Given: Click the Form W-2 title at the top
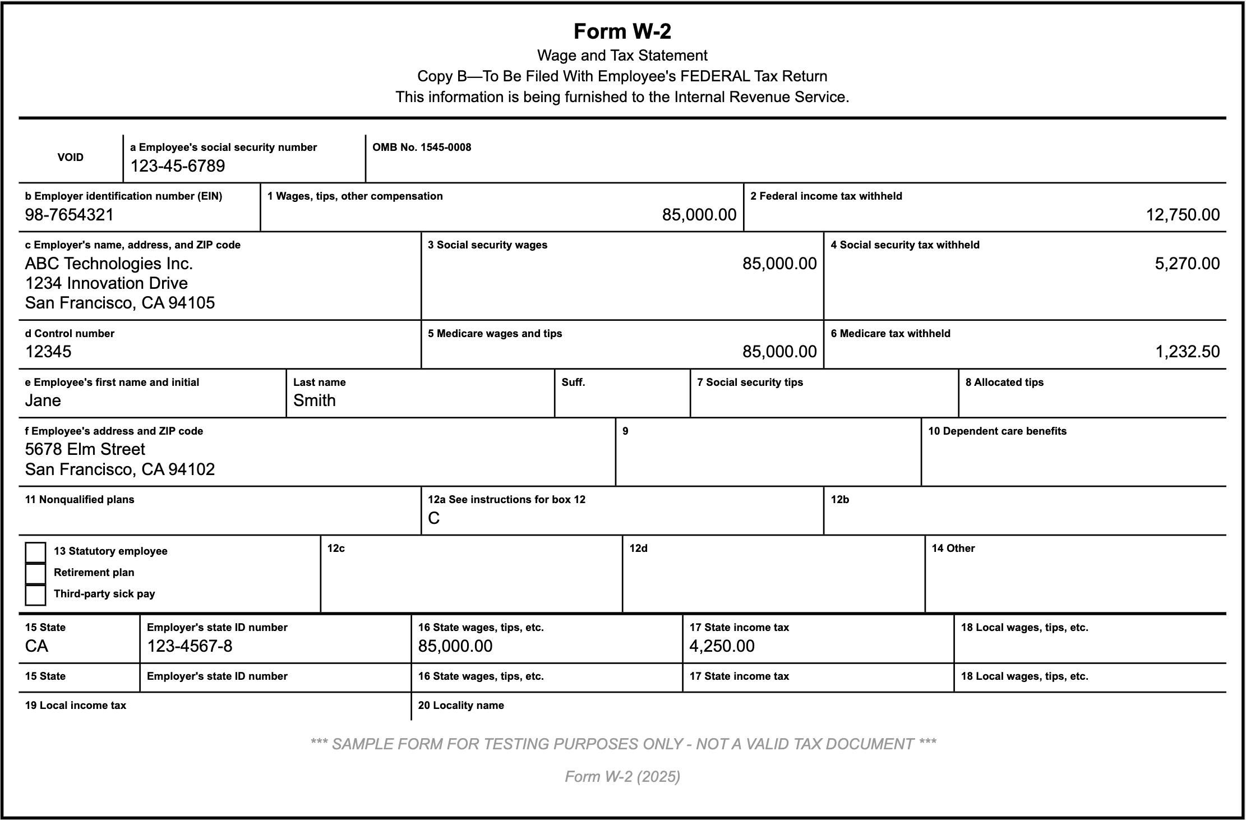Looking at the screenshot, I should click(622, 31).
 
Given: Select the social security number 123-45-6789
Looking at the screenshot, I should click(178, 166).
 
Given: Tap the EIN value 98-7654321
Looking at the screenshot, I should click(70, 215).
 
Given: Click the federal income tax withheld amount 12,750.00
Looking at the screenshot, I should click(1183, 215).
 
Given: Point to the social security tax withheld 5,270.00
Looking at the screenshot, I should click(1187, 264).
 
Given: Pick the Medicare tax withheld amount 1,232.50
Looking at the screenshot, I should click(1187, 352).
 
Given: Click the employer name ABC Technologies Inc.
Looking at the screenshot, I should click(109, 264).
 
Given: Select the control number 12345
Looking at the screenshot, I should click(48, 352).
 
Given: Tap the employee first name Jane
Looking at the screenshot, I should click(43, 400).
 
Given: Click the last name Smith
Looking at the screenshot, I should click(315, 400).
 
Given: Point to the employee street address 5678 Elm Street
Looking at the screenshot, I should click(85, 449).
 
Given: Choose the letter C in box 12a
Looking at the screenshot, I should click(433, 518).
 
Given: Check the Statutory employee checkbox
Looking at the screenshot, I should click(35, 552).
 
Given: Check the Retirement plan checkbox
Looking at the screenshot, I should click(35, 573).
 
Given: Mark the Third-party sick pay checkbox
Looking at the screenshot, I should click(35, 595).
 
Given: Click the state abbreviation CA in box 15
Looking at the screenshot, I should click(37, 646).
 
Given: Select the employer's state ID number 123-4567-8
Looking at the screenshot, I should click(190, 646).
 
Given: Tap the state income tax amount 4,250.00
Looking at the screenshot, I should click(722, 646).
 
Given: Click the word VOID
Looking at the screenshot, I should click(71, 158).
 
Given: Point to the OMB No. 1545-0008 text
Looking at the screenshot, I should click(422, 148).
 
